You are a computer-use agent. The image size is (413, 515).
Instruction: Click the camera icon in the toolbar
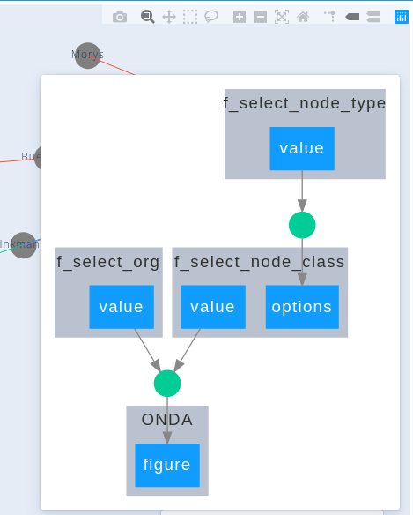[x=120, y=17]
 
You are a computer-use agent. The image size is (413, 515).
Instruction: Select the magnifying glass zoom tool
[x=147, y=17]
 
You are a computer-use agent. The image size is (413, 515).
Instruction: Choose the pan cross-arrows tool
[x=169, y=17]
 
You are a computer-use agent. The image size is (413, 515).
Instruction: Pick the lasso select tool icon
[x=211, y=17]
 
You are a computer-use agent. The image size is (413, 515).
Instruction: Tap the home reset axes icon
[x=303, y=17]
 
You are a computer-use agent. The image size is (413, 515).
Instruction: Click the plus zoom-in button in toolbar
[x=240, y=17]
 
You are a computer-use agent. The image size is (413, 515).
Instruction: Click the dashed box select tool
[x=190, y=17]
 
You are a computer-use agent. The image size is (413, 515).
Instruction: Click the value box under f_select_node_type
[x=302, y=148]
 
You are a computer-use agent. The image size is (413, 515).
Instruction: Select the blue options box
[x=302, y=307]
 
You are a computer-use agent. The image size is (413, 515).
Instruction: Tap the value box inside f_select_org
[x=122, y=307]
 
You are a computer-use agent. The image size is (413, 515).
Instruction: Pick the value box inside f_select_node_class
[x=212, y=307]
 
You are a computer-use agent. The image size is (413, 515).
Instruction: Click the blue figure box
[x=167, y=465]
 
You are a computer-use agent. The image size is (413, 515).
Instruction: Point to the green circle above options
[x=302, y=225]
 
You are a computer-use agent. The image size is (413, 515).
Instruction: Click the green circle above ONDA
[x=167, y=384]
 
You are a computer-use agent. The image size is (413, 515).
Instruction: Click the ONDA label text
[x=167, y=419]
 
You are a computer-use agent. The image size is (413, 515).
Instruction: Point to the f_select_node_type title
[x=305, y=103]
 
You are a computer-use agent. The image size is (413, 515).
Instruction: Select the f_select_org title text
[x=108, y=261]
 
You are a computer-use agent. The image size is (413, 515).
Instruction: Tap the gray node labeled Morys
[x=87, y=56]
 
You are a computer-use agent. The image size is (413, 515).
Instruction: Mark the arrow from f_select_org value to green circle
[x=147, y=350]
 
